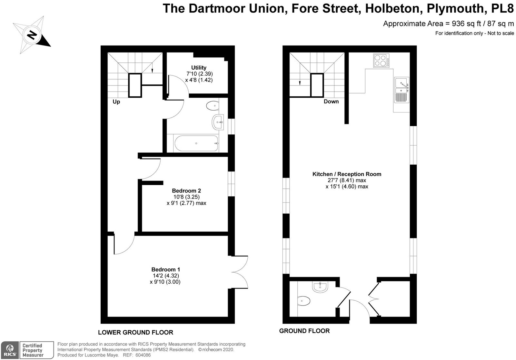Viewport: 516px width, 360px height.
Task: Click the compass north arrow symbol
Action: click(x=32, y=35)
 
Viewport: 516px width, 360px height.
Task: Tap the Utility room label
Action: click(x=199, y=68)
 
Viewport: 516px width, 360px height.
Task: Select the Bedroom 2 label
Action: click(x=186, y=190)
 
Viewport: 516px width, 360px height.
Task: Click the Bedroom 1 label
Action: click(x=166, y=269)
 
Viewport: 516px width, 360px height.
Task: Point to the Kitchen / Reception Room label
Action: click(x=347, y=174)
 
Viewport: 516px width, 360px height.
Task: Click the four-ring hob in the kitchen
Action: click(x=381, y=60)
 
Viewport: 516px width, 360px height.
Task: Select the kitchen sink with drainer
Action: click(x=402, y=90)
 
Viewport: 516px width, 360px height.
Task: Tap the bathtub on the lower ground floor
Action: click(x=196, y=143)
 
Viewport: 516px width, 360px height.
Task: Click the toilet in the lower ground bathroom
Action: click(x=213, y=106)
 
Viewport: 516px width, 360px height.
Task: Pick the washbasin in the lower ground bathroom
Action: click(x=218, y=122)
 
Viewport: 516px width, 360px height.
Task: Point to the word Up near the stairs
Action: click(x=116, y=102)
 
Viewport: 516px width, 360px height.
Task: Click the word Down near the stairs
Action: click(x=331, y=102)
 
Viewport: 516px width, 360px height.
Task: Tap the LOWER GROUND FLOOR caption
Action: click(x=135, y=332)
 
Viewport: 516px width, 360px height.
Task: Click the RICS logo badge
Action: click(x=10, y=350)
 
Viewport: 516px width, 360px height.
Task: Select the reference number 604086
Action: click(x=143, y=355)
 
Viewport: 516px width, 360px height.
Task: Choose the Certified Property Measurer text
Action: click(x=33, y=350)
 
